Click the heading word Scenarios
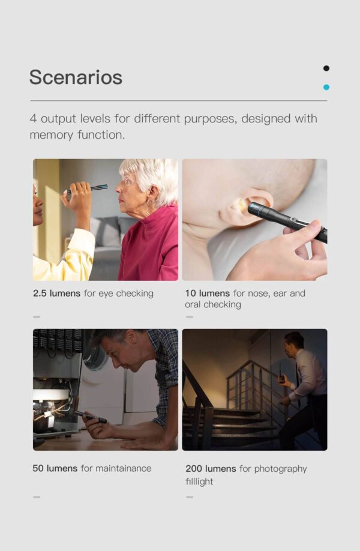point(76,77)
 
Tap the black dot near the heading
point(326,68)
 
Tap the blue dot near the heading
point(326,87)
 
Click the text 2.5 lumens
point(56,294)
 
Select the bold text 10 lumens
point(207,294)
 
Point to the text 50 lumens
point(55,468)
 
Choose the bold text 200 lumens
point(211,469)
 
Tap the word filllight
point(199,481)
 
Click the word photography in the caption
point(281,469)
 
